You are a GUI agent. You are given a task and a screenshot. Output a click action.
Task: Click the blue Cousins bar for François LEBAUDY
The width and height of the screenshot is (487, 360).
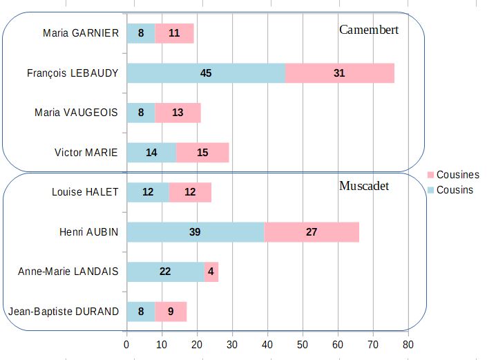[206, 73]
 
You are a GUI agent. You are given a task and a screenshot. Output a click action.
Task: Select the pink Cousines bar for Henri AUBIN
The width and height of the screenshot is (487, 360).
[312, 232]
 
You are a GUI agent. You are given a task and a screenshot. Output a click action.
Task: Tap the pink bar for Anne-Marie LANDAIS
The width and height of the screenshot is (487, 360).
[211, 272]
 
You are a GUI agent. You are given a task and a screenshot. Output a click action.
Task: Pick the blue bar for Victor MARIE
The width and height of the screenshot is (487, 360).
[151, 153]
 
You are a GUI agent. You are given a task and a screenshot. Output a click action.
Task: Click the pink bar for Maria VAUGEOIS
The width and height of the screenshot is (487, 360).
[178, 113]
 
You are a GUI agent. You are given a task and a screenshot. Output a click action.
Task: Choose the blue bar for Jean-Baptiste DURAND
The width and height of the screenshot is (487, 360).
[141, 312]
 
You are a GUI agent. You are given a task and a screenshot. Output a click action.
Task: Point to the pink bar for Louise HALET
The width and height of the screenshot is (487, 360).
[190, 192]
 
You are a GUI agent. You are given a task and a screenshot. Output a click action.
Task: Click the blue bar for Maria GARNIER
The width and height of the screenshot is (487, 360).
[141, 33]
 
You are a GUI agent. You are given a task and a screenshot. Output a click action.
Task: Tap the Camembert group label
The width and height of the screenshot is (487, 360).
[369, 30]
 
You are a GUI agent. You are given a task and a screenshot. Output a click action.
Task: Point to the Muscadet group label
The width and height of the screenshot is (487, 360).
[364, 186]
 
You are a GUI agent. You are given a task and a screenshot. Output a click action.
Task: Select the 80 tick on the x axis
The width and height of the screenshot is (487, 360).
[408, 343]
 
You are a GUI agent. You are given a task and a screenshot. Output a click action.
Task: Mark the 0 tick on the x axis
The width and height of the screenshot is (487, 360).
[126, 343]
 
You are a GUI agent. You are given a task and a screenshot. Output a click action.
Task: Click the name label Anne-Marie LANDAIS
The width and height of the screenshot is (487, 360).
[68, 272]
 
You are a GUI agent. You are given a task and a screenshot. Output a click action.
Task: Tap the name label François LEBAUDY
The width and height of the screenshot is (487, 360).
[73, 73]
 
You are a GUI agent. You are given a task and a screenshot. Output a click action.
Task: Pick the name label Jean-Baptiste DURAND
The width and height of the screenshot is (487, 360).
[63, 312]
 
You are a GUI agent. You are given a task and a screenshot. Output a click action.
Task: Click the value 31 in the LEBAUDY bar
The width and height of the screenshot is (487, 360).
[338, 73]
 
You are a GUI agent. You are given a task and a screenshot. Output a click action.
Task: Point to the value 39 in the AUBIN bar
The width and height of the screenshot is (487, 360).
[195, 232]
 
